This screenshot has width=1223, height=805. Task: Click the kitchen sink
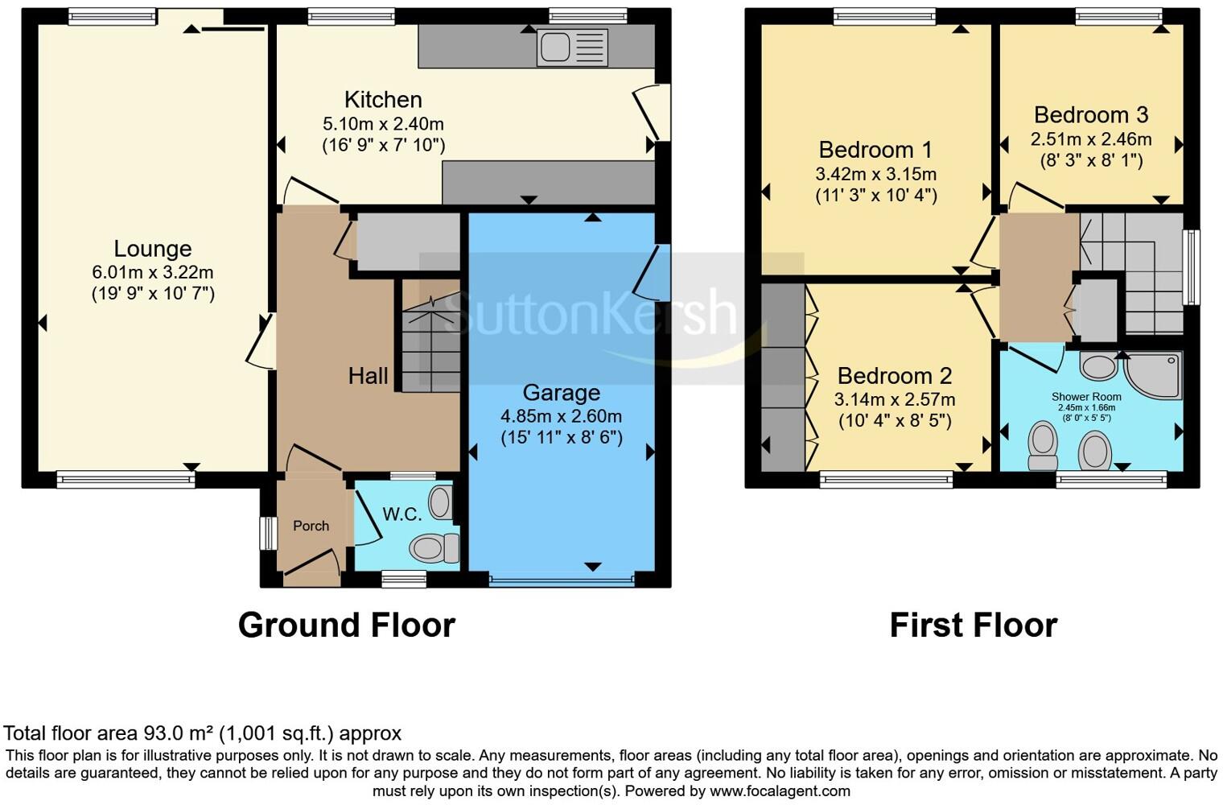click(x=572, y=47)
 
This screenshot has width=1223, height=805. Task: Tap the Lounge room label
click(x=152, y=249)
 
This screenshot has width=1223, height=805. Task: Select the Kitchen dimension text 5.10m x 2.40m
click(x=383, y=124)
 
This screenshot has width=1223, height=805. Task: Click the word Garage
click(x=561, y=393)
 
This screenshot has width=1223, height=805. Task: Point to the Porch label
click(x=311, y=526)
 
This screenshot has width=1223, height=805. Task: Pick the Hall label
click(x=368, y=375)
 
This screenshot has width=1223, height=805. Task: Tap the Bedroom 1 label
click(x=875, y=150)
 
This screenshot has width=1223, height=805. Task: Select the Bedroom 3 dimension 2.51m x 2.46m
click(x=1090, y=139)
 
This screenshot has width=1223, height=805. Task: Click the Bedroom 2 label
click(x=894, y=376)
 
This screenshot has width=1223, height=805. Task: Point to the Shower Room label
click(x=1085, y=397)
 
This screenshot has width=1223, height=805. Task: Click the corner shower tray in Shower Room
click(x=1155, y=374)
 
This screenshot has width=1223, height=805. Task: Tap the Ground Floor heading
click(x=346, y=625)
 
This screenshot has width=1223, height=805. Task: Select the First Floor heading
click(x=973, y=625)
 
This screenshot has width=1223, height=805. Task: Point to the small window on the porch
click(x=266, y=533)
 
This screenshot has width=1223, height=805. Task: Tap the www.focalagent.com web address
click(x=779, y=791)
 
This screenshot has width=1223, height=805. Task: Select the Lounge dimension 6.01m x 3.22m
click(x=152, y=273)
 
